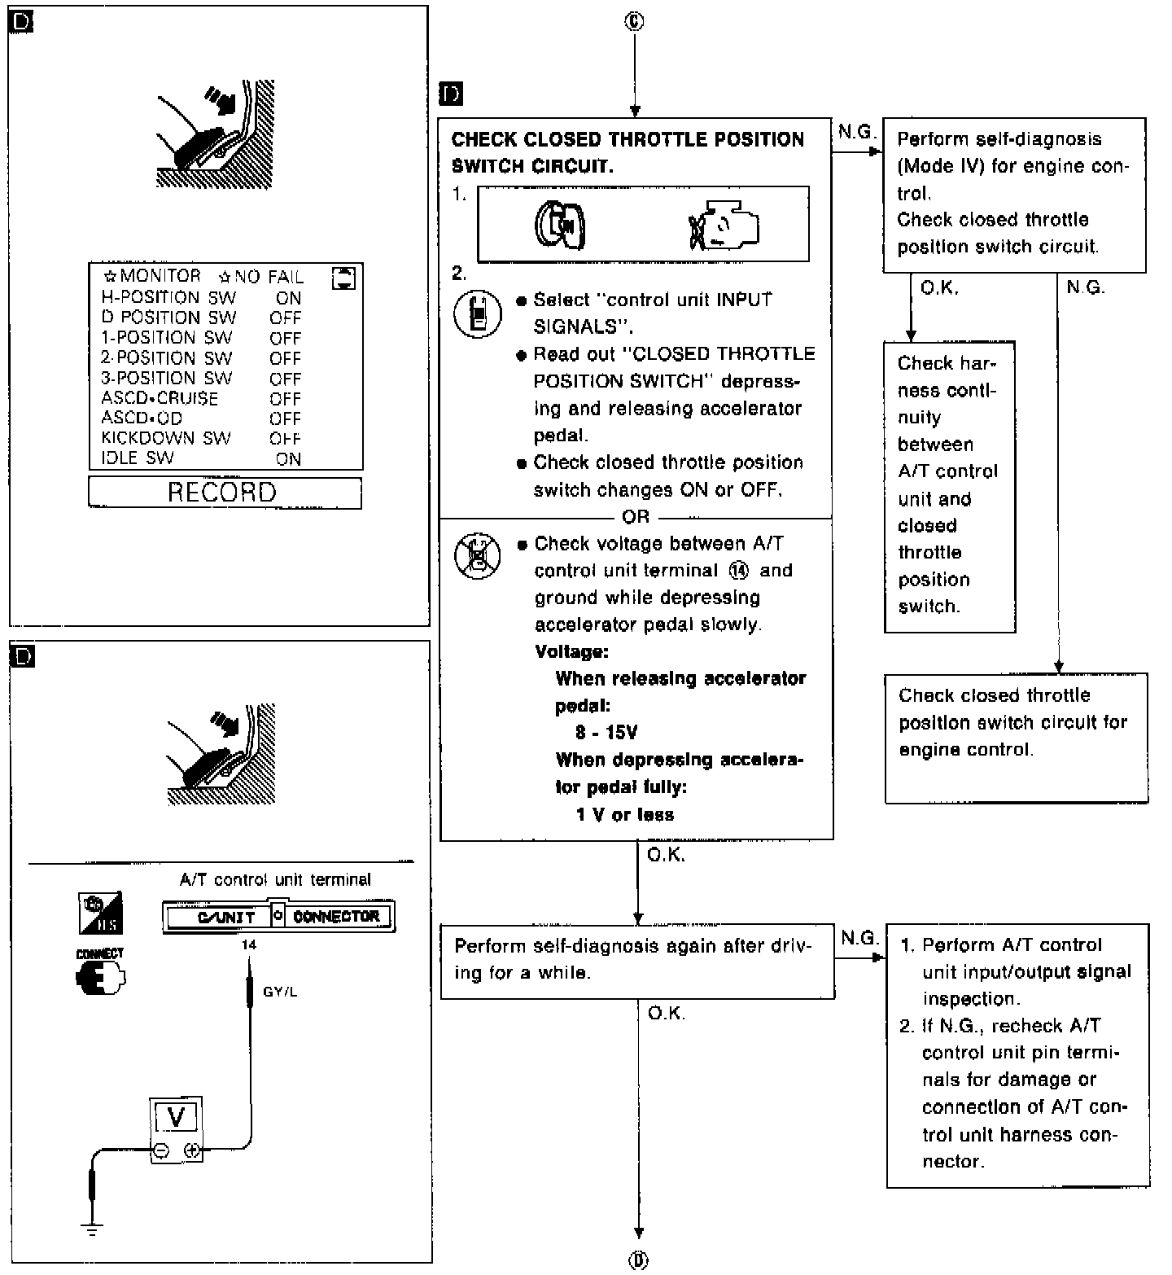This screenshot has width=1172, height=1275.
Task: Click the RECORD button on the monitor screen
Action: point(224,493)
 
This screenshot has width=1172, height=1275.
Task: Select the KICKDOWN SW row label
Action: point(165,438)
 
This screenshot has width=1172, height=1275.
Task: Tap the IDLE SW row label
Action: point(137,458)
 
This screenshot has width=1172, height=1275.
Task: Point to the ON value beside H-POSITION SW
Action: point(288,298)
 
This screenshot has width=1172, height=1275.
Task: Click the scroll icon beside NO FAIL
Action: point(344,278)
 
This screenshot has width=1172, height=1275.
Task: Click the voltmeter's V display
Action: point(176,1117)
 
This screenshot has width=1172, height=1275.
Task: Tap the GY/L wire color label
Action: point(280,992)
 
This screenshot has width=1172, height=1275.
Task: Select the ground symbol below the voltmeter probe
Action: point(93,1229)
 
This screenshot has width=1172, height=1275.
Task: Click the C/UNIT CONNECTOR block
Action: point(278,916)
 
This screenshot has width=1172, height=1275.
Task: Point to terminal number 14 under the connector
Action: point(249,944)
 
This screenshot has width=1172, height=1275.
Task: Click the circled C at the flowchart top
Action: point(634,22)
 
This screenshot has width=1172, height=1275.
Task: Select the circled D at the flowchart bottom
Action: point(638,1260)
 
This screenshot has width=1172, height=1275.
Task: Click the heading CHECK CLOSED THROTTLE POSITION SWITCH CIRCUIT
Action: point(627,152)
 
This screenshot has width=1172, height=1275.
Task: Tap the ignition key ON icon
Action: point(561,225)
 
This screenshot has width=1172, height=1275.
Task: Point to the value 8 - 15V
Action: point(606,733)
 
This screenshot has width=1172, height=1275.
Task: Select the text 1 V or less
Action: point(624,815)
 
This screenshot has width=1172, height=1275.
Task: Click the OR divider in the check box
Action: point(636,517)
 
